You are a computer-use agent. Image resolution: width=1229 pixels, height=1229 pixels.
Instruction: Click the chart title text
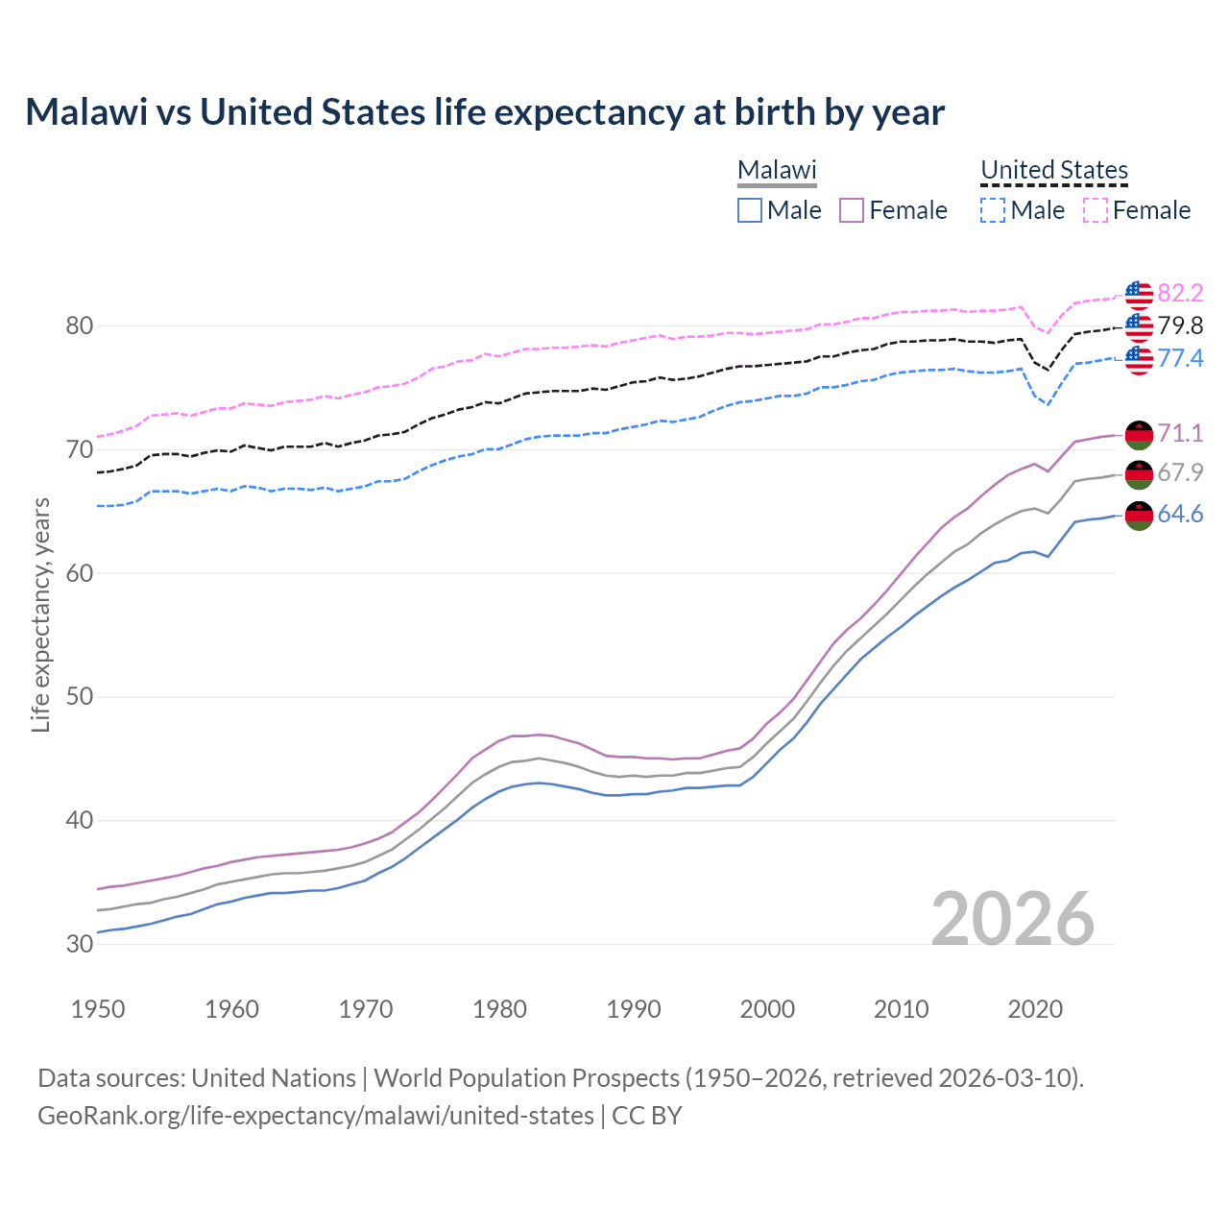point(485,112)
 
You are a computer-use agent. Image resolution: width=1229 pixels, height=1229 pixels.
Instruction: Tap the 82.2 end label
point(1180,293)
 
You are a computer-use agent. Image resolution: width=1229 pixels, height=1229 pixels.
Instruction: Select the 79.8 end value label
point(1180,325)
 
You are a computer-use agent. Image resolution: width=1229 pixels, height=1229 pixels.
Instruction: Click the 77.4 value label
point(1180,358)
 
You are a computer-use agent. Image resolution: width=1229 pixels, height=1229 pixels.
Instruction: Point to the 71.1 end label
point(1180,433)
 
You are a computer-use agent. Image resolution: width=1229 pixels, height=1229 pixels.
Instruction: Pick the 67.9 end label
point(1180,472)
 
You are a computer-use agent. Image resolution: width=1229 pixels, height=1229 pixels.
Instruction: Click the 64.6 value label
point(1180,515)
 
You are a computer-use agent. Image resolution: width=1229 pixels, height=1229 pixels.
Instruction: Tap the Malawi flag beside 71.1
point(1139,434)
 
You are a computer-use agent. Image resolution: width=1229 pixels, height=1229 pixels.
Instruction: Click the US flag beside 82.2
point(1139,294)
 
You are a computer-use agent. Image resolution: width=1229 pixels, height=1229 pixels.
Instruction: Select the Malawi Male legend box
point(750,210)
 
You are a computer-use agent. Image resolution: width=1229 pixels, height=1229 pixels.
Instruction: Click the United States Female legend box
point(1096,210)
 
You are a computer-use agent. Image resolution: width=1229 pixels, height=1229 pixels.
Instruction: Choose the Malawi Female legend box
point(852,210)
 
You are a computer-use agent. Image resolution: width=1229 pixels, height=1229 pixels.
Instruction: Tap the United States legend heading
point(1053,170)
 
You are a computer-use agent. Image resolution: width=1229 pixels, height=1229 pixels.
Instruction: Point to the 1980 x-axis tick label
point(499,1009)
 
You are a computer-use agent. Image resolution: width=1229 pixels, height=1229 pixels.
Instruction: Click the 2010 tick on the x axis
point(901,1009)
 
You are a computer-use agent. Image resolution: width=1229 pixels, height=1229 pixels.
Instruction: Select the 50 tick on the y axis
point(80,696)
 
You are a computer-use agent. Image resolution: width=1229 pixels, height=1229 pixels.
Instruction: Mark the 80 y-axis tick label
point(80,326)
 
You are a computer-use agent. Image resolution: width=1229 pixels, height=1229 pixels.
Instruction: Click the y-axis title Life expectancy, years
point(40,614)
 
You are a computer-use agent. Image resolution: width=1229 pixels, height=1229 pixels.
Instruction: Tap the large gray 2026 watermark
point(1013,919)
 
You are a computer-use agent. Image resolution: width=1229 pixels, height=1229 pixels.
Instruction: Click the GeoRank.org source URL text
point(316,1116)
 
